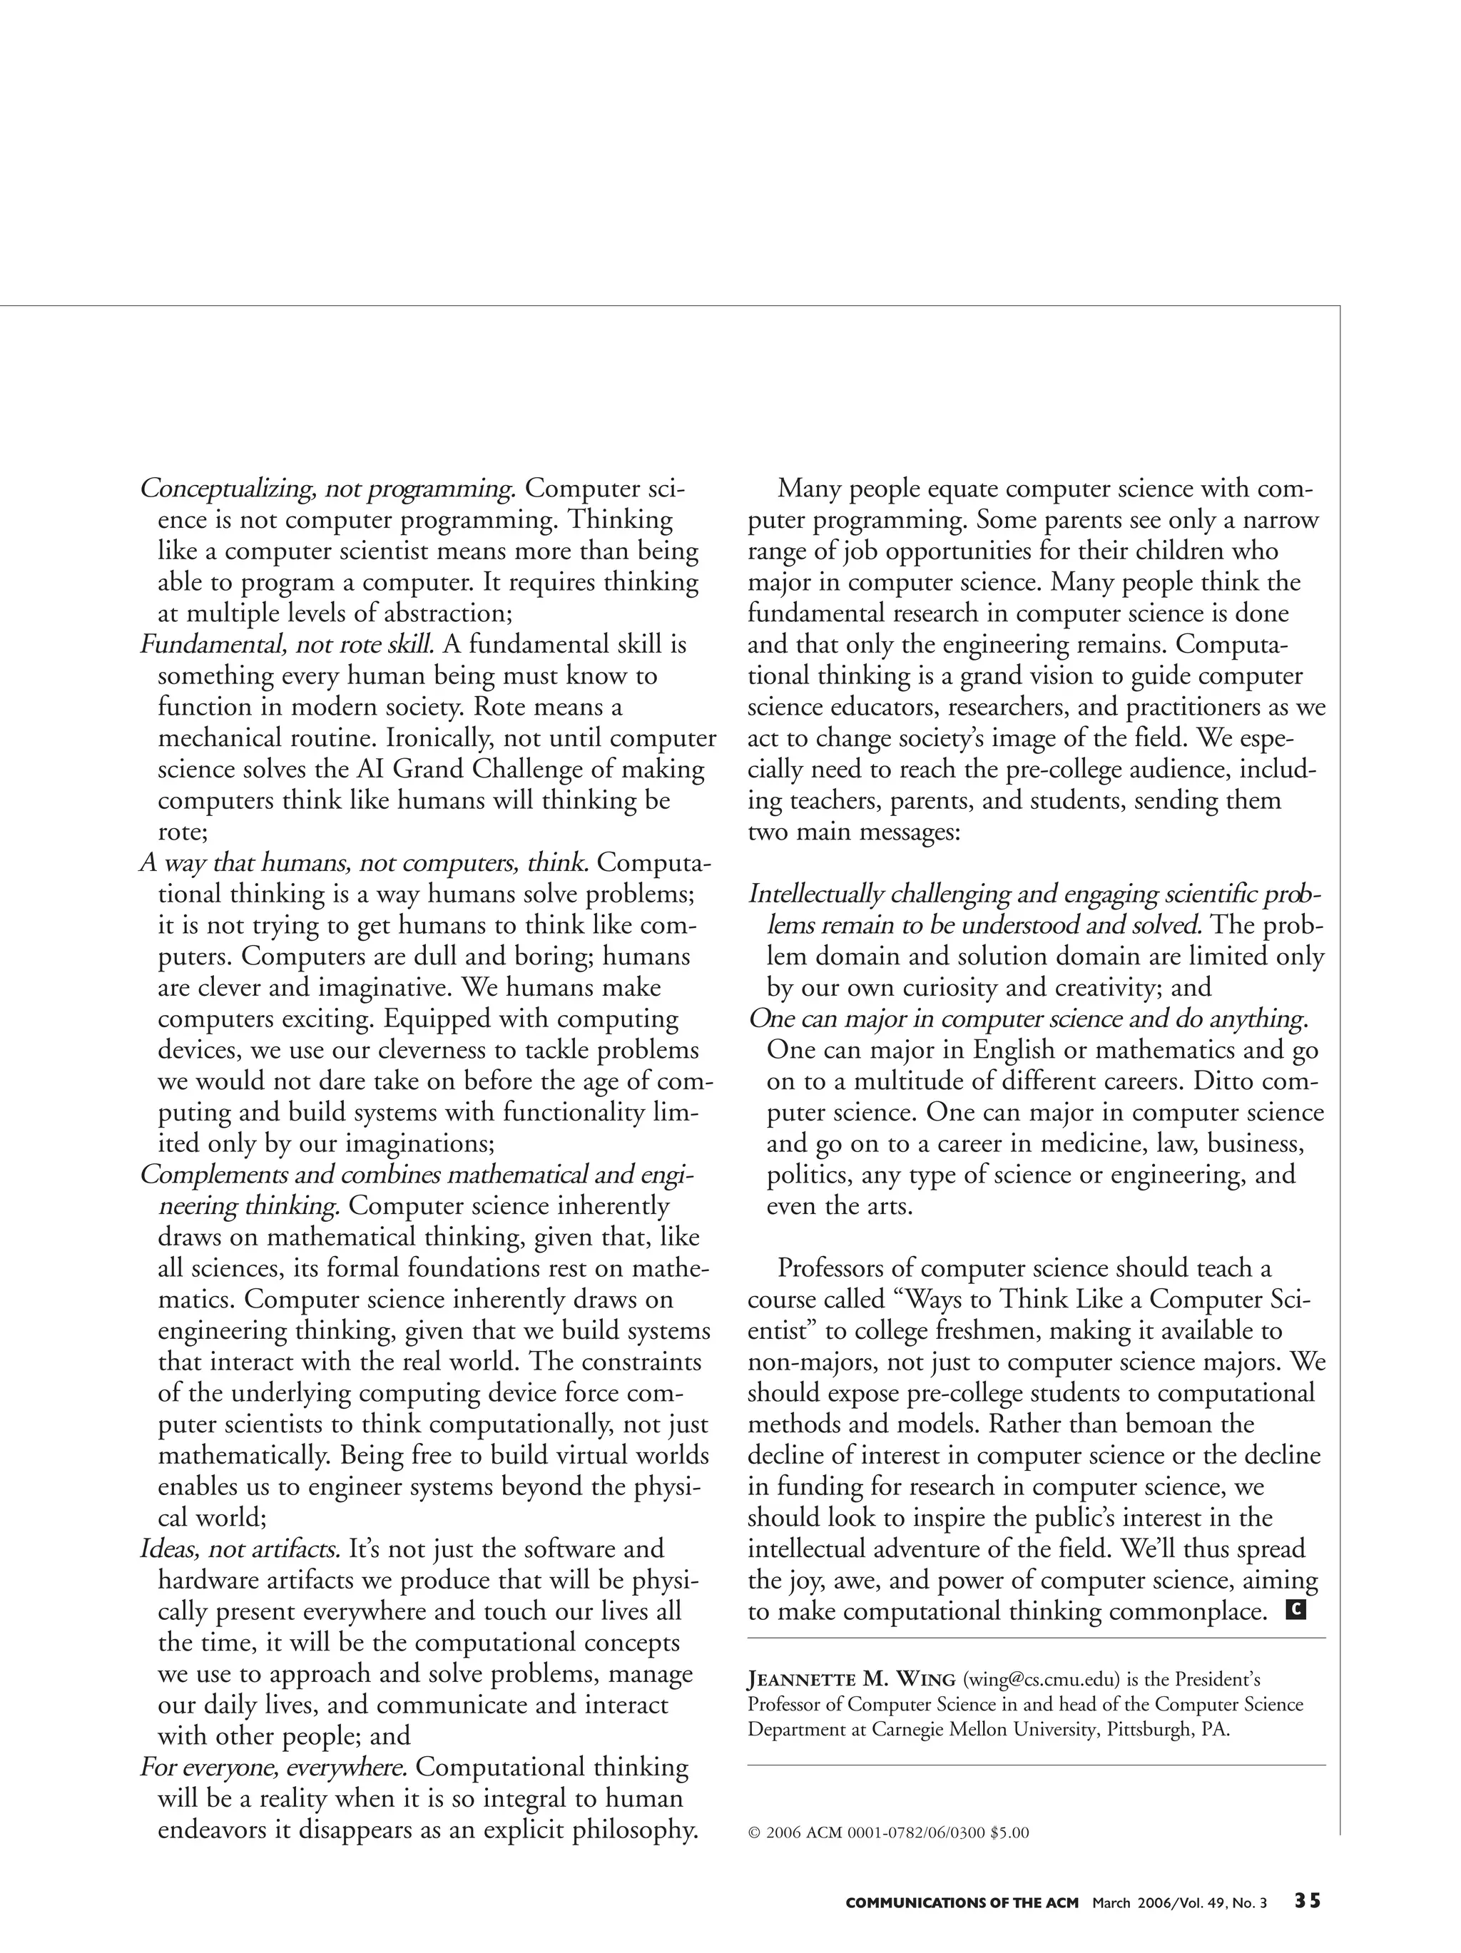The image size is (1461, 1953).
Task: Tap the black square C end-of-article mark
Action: pos(1295,1609)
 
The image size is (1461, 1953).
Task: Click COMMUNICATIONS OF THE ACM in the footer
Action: pos(962,1902)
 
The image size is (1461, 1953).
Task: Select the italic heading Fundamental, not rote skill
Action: pos(287,645)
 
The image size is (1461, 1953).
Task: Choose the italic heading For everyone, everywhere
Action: pos(274,1767)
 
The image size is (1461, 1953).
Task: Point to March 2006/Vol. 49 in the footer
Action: pos(1178,1902)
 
